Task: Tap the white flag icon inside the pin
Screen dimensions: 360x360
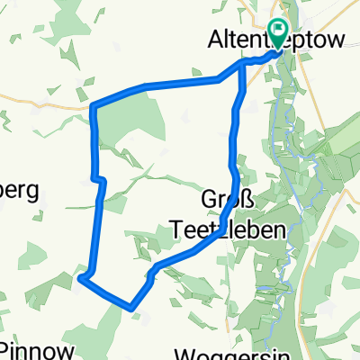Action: coord(279,32)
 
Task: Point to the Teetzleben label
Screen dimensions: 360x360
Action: coord(229,230)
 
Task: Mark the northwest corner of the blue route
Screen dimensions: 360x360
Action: coord(94,107)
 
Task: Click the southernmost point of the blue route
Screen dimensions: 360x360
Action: coord(133,308)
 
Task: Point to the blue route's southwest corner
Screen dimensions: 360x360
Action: coord(80,278)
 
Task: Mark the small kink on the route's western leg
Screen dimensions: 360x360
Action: coord(98,180)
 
